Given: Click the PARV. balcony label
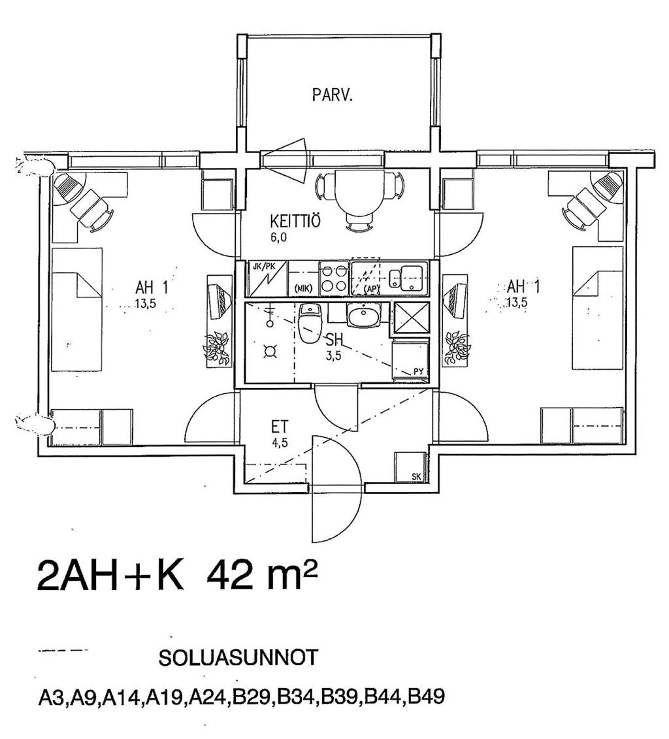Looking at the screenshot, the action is [x=332, y=95].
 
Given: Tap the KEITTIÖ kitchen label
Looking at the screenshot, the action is [x=295, y=221].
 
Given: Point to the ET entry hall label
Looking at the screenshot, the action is [x=280, y=427].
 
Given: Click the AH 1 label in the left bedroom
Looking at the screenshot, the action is [x=152, y=287].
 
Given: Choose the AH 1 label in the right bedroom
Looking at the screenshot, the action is [x=523, y=286].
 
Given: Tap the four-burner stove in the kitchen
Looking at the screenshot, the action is [x=334, y=279].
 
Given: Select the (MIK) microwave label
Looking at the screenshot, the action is [x=303, y=289].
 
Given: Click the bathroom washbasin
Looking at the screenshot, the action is [x=363, y=315].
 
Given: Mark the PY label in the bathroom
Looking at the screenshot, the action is [x=418, y=371].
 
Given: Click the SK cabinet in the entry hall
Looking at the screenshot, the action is [x=411, y=468].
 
